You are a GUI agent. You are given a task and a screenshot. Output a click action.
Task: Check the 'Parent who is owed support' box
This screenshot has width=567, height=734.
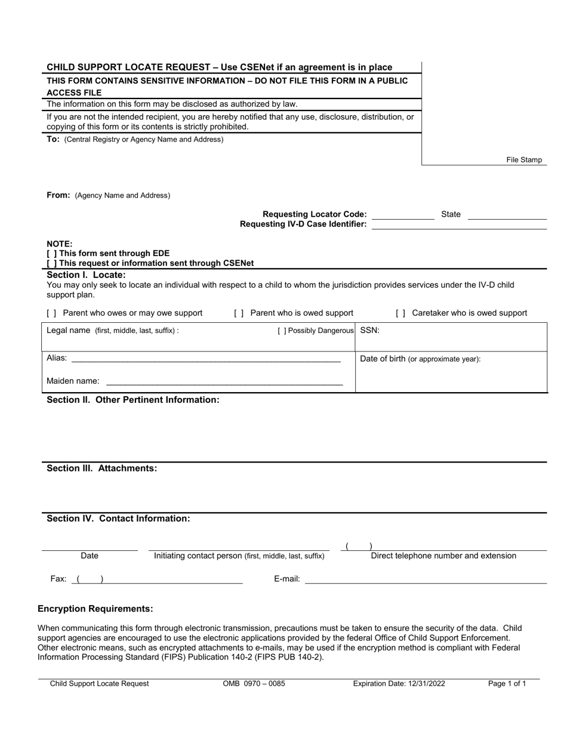point(239,313)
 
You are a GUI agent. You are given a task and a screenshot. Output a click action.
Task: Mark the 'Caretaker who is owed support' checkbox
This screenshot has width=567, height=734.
point(400,313)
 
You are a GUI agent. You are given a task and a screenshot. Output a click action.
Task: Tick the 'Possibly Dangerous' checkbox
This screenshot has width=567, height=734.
point(282,331)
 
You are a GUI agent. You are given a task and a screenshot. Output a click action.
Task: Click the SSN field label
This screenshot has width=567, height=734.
point(369,330)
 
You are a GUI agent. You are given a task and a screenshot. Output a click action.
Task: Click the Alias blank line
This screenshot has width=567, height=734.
point(205,360)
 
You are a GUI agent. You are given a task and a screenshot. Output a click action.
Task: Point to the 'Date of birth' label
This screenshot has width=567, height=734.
point(383,359)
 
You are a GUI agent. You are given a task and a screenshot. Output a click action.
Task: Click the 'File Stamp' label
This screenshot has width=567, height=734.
point(524,160)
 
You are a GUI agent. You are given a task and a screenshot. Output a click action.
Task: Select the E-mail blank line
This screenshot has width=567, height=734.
point(426,581)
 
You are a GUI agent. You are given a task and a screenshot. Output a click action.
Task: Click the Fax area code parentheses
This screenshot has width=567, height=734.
point(90,579)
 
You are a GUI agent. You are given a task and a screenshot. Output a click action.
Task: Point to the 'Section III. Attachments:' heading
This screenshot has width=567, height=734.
point(102,468)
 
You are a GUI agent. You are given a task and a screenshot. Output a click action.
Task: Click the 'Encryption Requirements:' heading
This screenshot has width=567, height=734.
point(95,609)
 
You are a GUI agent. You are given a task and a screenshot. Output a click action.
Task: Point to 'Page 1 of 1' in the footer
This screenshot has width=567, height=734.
point(507,684)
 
